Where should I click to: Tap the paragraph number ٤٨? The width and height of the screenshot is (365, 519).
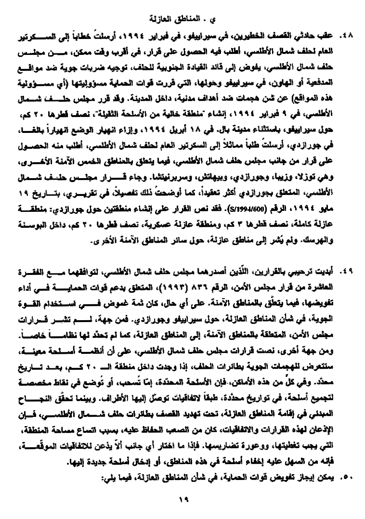coord(346,36)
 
